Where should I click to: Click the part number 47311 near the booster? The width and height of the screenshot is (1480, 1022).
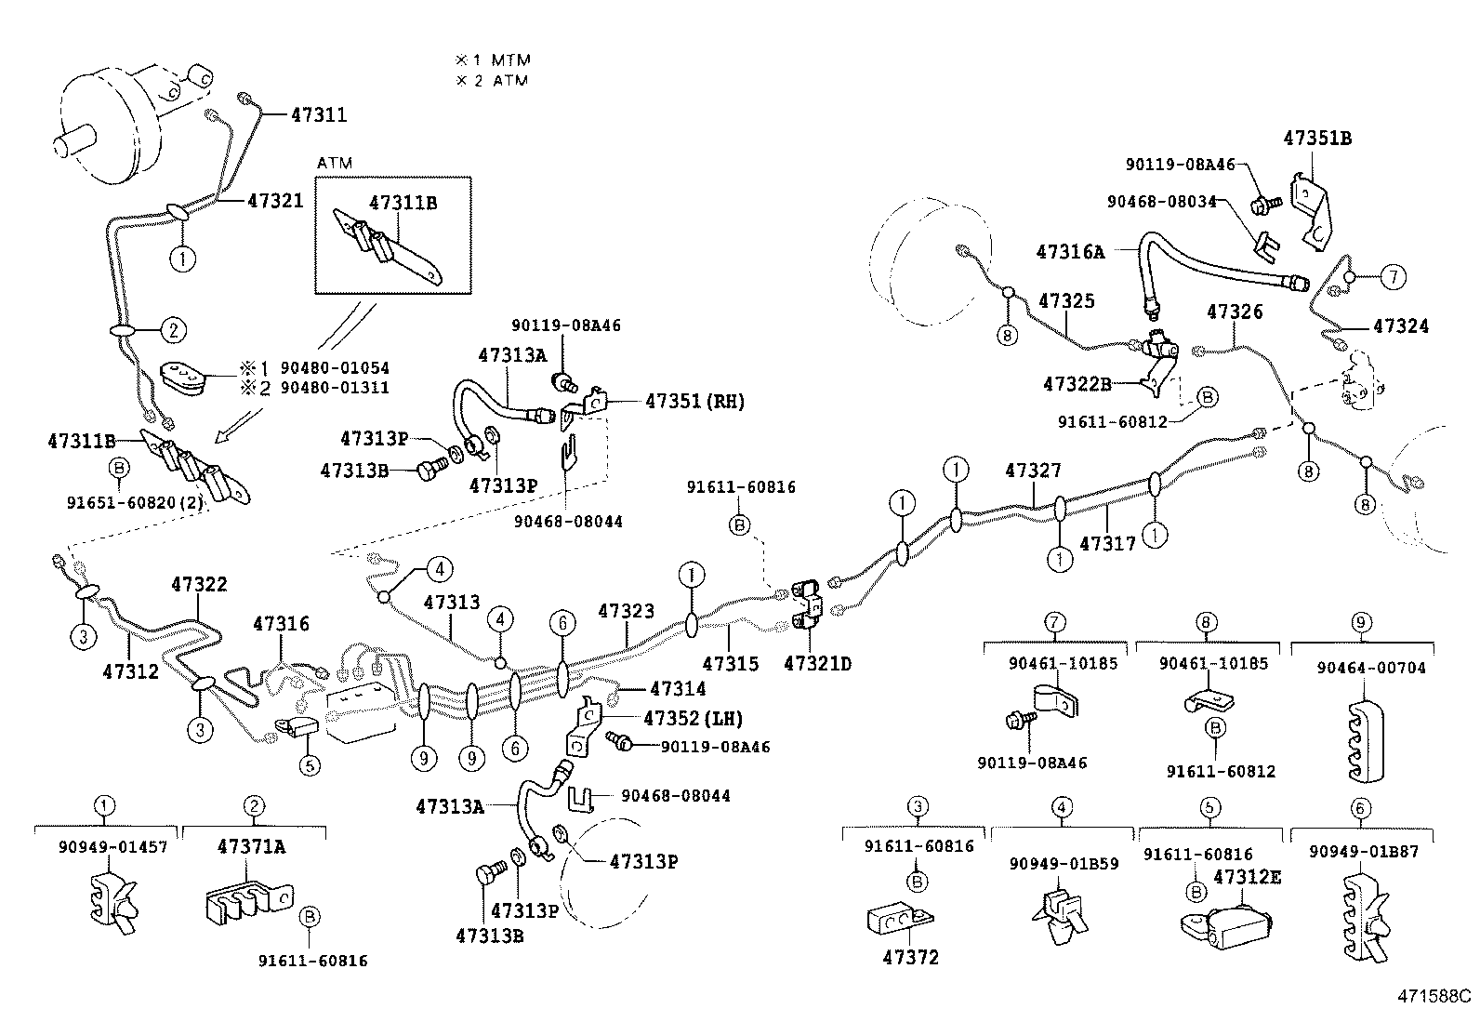[318, 115]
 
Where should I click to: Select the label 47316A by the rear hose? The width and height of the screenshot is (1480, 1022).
[1070, 251]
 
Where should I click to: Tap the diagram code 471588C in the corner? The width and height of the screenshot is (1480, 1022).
[1434, 996]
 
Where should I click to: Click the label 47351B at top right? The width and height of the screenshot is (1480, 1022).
[1317, 139]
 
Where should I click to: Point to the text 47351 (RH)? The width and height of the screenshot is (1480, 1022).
[694, 402]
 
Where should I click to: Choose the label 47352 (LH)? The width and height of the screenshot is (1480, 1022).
[693, 718]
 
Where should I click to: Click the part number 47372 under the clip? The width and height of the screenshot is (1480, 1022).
[910, 957]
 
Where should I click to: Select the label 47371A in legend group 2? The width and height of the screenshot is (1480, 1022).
[251, 846]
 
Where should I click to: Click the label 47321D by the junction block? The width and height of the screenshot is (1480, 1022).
[817, 663]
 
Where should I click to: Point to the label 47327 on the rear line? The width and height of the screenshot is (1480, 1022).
[1033, 471]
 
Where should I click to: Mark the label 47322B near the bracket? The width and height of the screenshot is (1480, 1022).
[1077, 384]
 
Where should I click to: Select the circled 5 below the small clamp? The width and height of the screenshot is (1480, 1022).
[309, 765]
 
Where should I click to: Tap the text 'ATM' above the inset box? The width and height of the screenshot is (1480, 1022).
[335, 163]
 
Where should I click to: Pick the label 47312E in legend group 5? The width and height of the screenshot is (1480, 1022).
[1247, 877]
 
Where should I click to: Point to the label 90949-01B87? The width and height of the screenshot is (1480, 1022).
[1363, 851]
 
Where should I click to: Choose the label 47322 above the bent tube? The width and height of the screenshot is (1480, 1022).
[199, 584]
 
